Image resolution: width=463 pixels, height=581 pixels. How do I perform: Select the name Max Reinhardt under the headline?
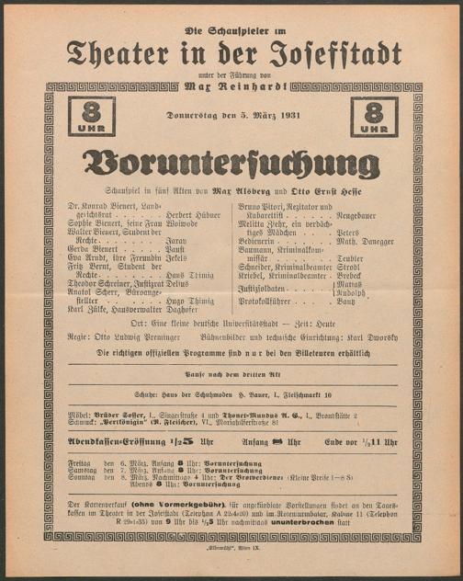[232, 88]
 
